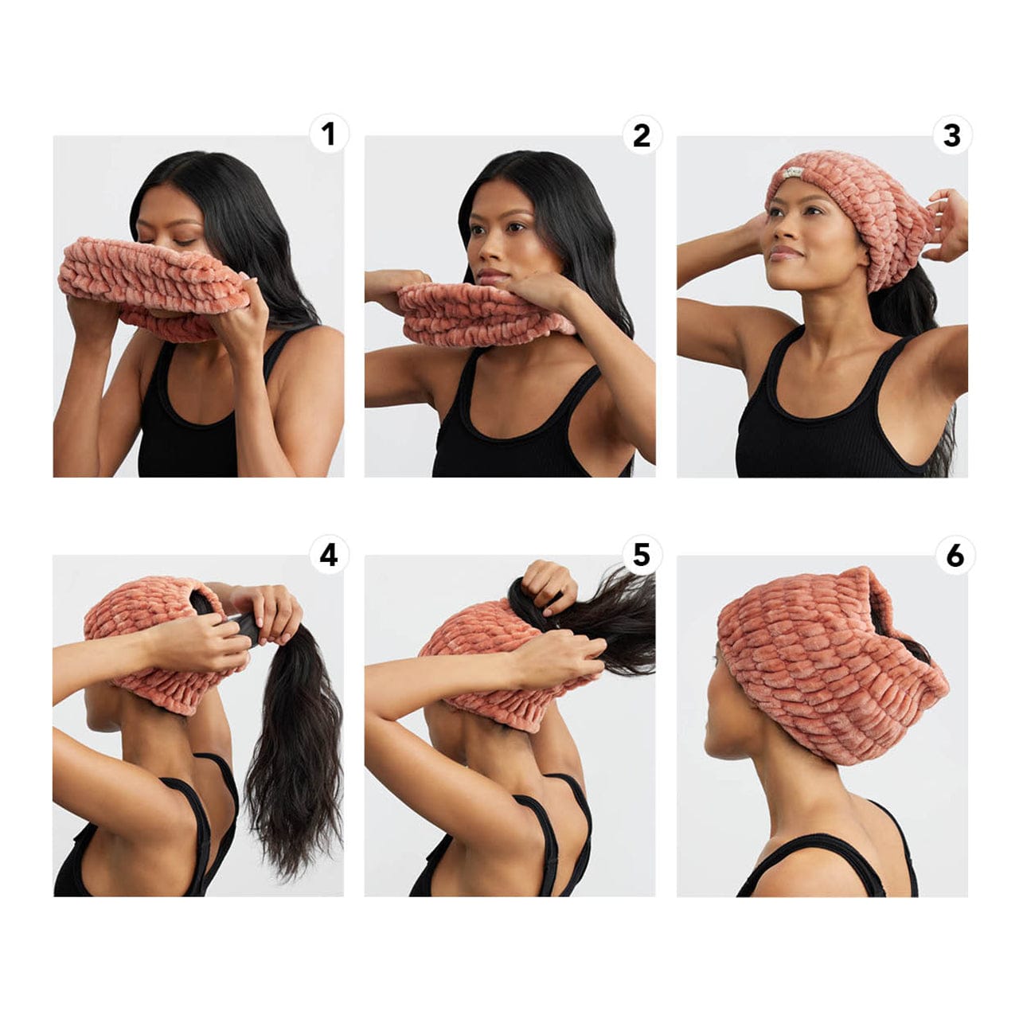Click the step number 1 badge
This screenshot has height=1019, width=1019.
[328, 135]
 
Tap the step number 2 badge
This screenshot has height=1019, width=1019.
[641, 135]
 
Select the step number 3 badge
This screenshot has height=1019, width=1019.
[952, 135]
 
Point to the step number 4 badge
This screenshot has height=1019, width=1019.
[328, 555]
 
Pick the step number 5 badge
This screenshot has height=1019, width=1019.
[641, 555]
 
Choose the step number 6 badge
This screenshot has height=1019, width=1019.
[955, 555]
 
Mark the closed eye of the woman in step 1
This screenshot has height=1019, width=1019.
[185, 241]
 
